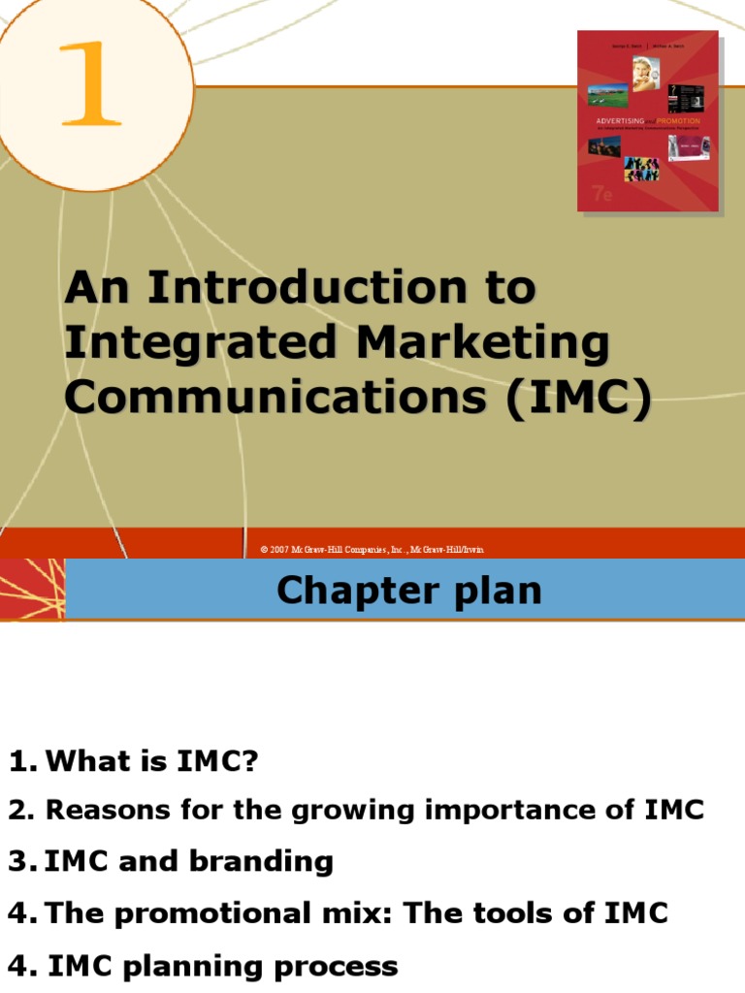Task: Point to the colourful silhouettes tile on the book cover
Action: click(641, 167)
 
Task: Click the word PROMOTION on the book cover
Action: click(673, 121)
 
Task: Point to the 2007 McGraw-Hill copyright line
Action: click(372, 550)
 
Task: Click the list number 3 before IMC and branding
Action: click(16, 861)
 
